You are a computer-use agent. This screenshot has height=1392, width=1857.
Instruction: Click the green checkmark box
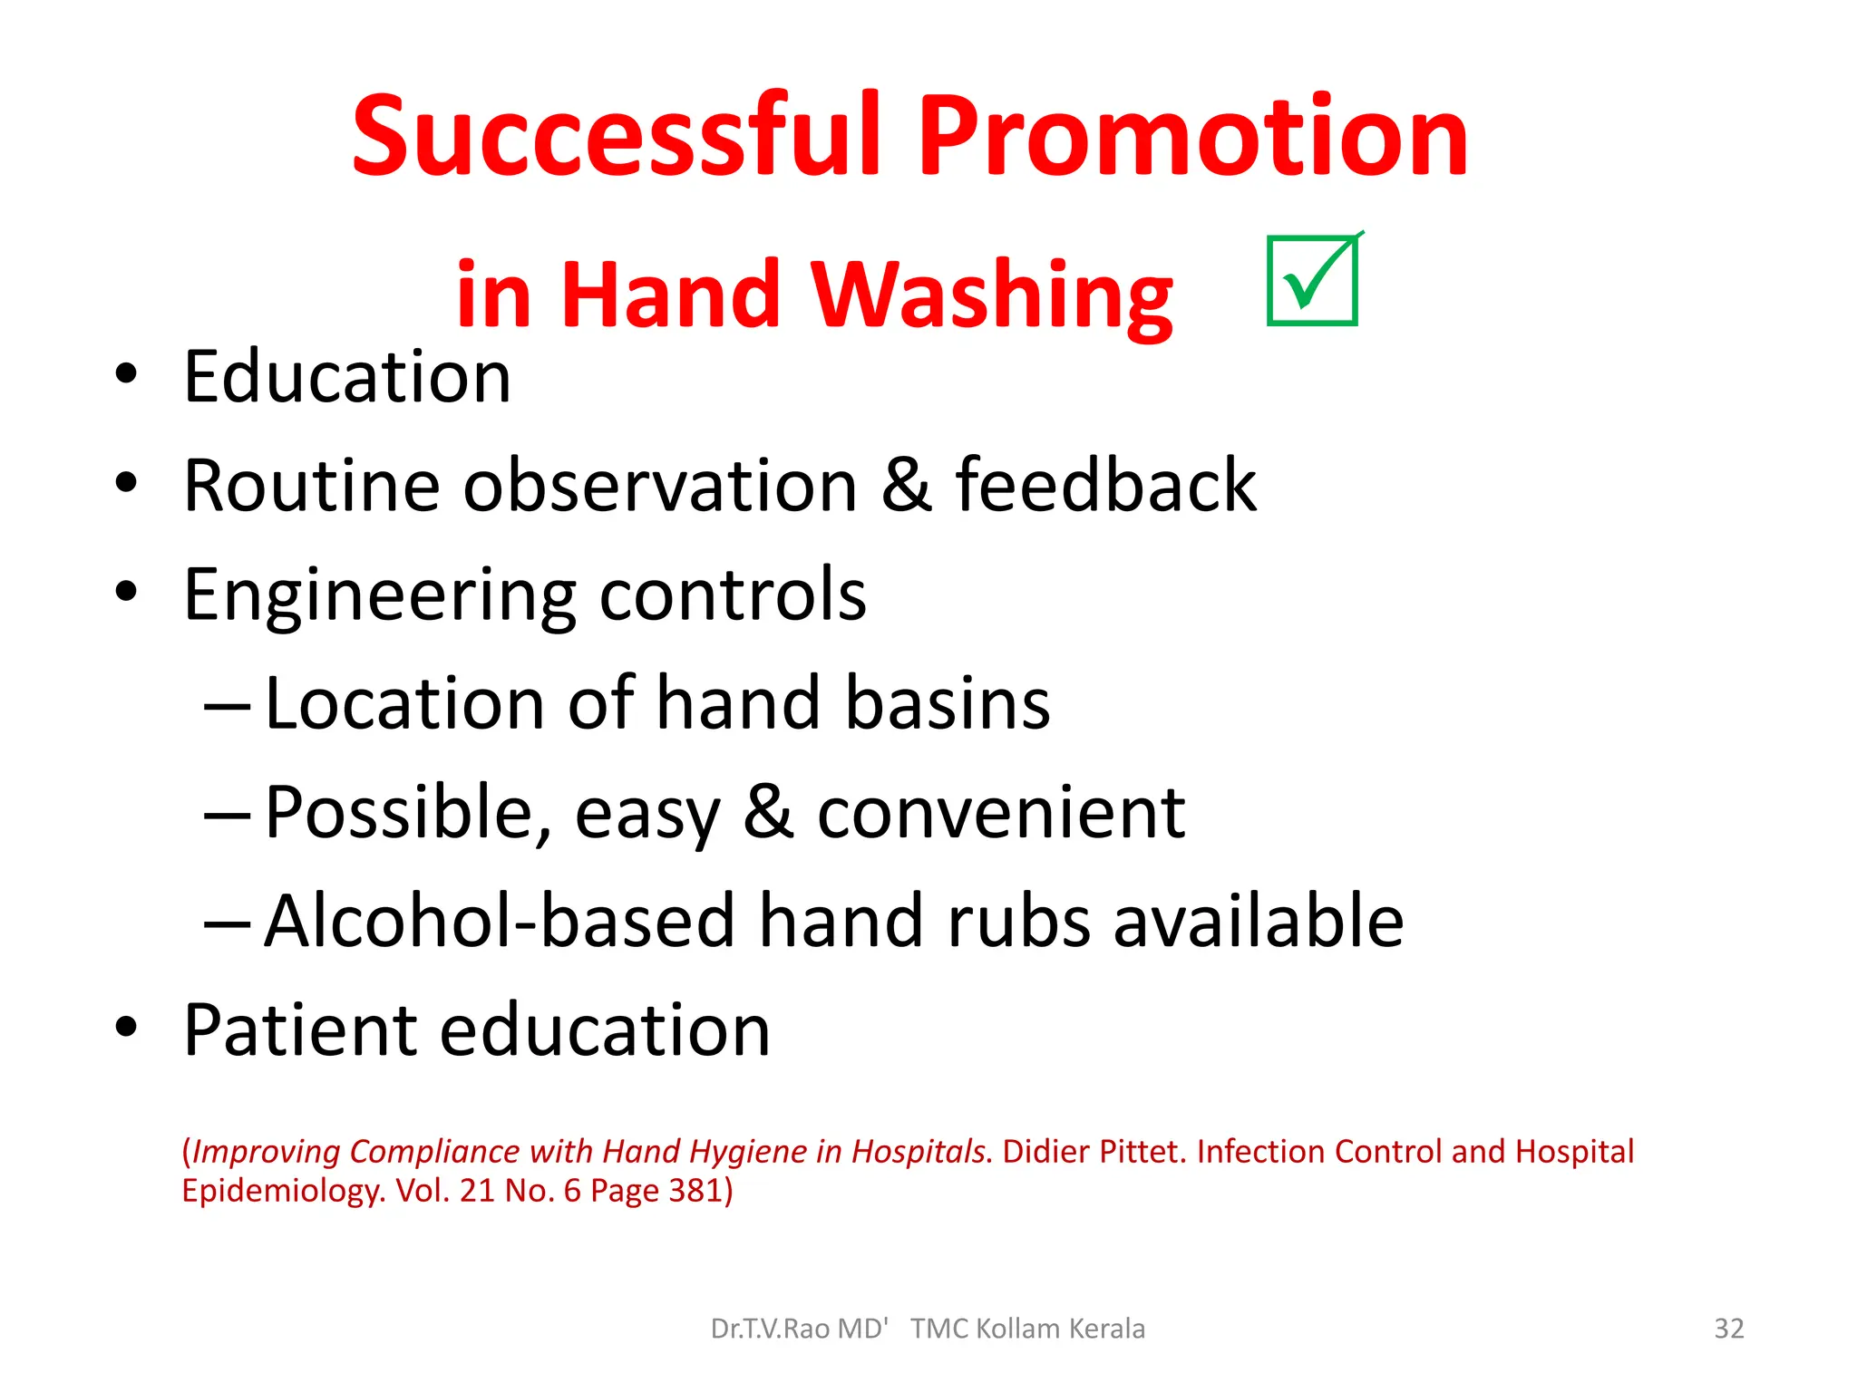coord(1312,280)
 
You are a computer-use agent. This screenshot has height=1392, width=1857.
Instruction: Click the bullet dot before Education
coord(126,374)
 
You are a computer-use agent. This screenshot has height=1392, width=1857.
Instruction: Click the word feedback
coord(1105,486)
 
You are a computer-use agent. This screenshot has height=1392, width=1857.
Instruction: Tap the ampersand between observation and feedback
coord(906,486)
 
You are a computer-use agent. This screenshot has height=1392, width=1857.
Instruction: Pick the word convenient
coord(1001,813)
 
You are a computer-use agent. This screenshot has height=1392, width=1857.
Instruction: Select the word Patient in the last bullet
coord(300,1030)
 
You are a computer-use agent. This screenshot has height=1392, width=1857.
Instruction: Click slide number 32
coord(1728,1329)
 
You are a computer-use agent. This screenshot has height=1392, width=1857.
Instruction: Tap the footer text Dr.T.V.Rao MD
coord(798,1329)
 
